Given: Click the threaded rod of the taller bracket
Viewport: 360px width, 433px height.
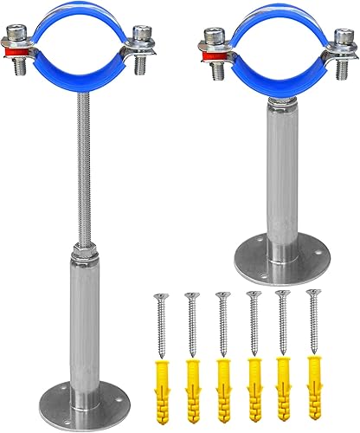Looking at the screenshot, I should pyautogui.click(x=83, y=173).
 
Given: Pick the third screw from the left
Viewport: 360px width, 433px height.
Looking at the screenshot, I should pyautogui.click(x=222, y=321).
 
